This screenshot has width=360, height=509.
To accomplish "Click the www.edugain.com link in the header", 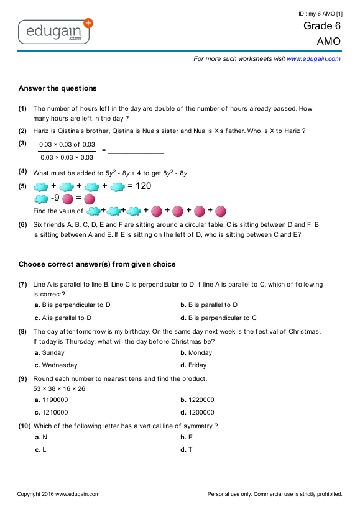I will click(313, 58).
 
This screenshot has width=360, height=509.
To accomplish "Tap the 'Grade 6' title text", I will click(322, 26).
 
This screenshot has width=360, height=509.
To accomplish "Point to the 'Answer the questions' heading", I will click(57, 88).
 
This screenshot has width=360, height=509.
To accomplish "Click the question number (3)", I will click(22, 144).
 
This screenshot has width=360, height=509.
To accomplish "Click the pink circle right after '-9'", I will click(68, 199).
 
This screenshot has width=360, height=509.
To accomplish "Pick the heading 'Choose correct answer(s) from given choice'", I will click(97, 264).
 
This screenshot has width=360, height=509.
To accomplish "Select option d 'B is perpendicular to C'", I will click(218, 318).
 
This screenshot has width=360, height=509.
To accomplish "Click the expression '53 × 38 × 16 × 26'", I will click(59, 389).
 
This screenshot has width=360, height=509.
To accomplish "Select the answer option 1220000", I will click(201, 400).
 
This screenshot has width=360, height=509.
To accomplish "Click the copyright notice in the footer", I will click(58, 494).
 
